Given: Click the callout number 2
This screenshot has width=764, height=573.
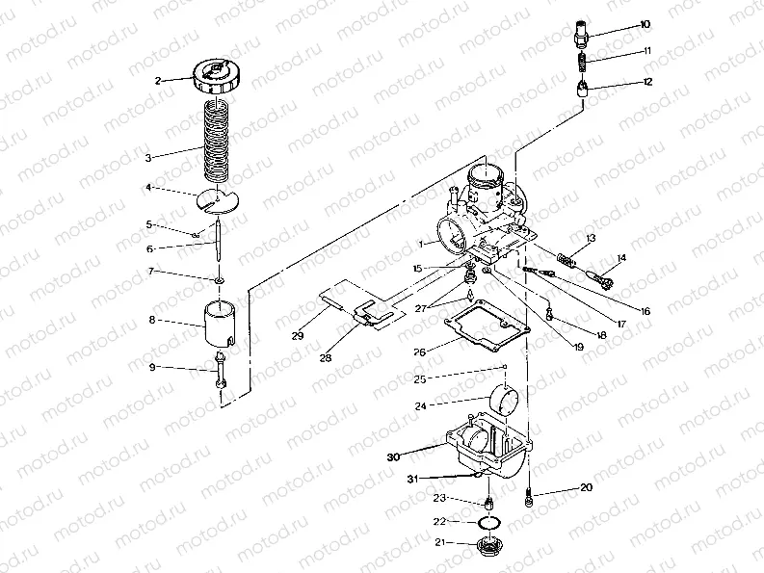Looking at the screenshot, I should coord(157,81).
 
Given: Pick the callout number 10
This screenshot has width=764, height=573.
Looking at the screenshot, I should coord(645,24).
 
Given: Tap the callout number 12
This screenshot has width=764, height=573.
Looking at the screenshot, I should coord(646,82).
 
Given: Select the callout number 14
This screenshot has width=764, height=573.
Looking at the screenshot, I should coord(621,257).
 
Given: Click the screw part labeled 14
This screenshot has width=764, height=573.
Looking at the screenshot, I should coord(601,280).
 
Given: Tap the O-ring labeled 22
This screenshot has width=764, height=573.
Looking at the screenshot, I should coord(490,523).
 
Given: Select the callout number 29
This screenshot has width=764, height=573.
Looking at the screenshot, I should coord(299,336).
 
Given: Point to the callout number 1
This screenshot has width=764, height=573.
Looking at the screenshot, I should coord(420,245).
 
